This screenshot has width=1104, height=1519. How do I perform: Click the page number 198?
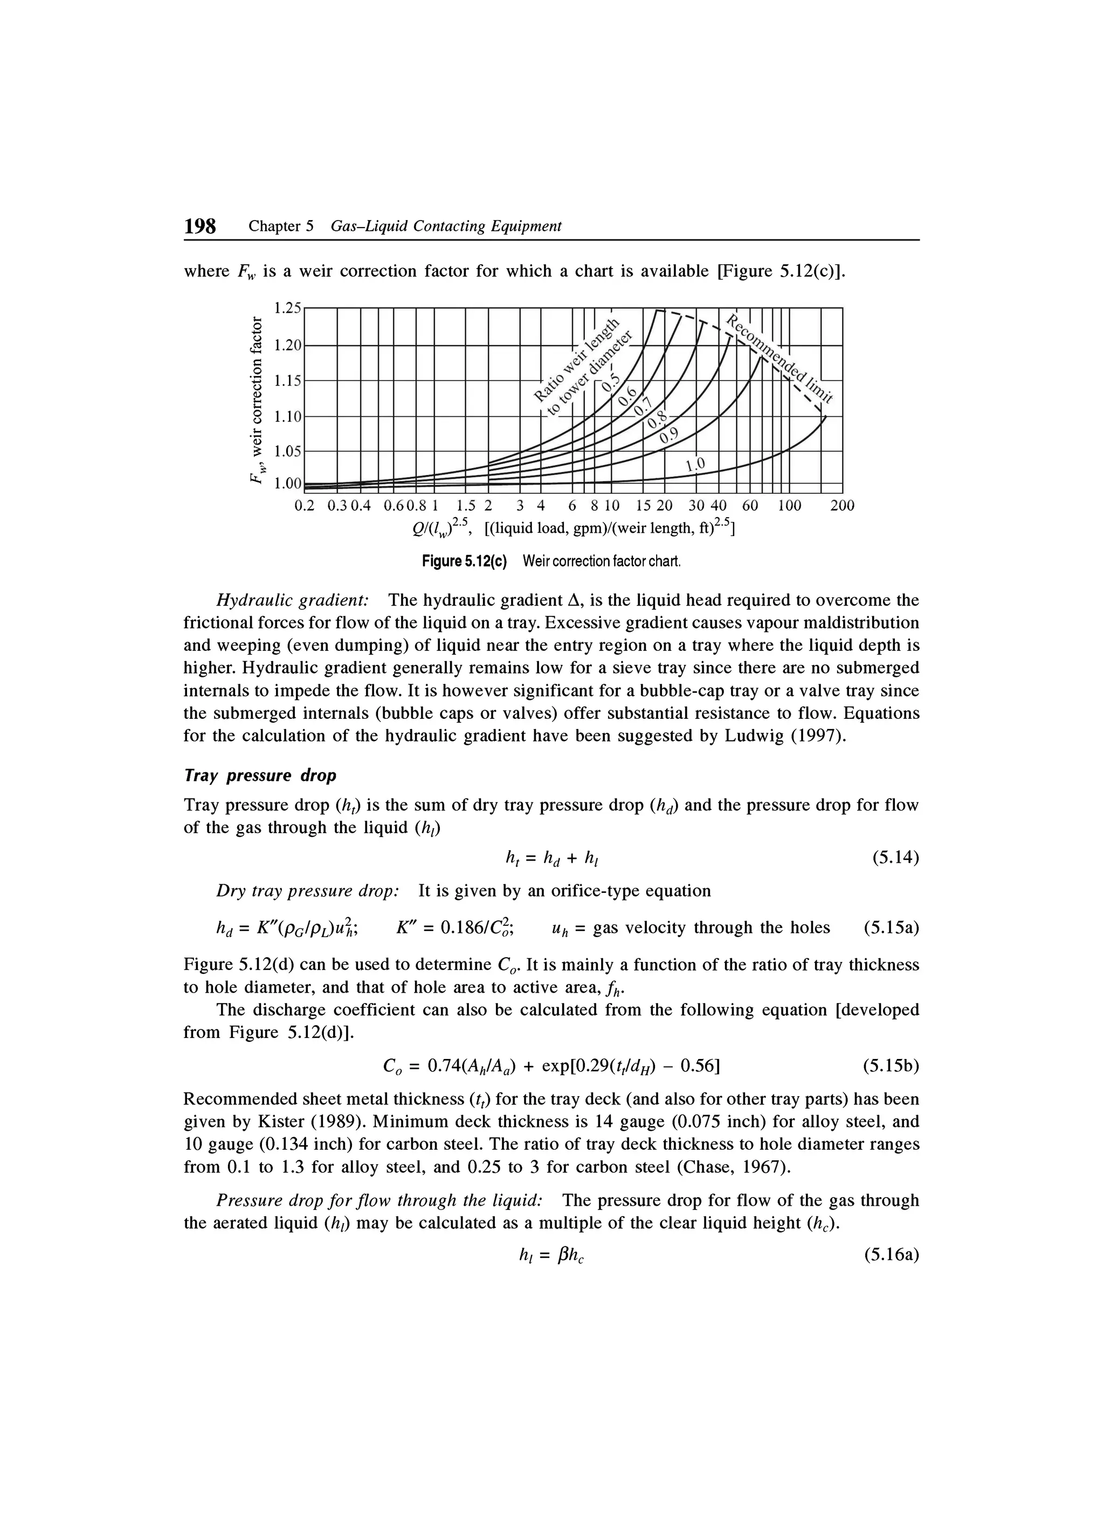(200, 226)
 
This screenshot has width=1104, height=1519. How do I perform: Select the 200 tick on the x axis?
(841, 506)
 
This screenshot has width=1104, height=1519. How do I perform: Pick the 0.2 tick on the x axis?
(304, 506)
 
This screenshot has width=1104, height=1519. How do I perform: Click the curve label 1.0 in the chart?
(696, 464)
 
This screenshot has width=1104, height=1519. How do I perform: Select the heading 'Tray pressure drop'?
(260, 775)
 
